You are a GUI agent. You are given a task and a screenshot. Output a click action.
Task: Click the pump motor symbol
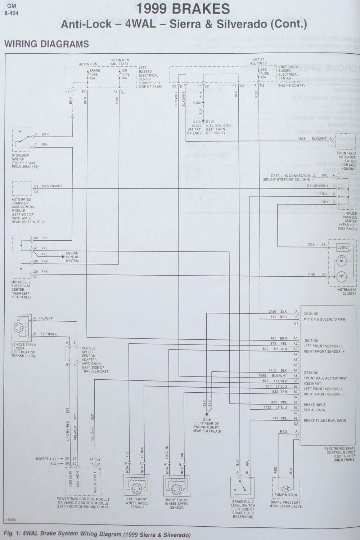pos(286,489)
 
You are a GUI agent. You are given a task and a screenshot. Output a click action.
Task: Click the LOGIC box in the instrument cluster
pos(342,247)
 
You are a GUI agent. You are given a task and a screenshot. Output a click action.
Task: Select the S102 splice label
pos(197,103)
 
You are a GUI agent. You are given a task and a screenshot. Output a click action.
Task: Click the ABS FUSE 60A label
pos(264,73)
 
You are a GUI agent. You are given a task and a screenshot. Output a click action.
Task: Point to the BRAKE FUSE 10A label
pos(94,74)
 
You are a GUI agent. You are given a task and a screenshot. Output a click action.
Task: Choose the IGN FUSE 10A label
pos(124,74)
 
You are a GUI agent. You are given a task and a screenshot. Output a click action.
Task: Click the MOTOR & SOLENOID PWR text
pos(324,319)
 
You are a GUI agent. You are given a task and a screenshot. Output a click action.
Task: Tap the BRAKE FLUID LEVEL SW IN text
pos(325,420)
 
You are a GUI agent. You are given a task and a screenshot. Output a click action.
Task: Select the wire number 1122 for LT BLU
pos(267,407)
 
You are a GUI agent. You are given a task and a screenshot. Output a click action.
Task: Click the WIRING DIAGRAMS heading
pos(46,44)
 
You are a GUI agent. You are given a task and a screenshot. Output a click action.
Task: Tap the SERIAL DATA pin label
pos(314,410)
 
